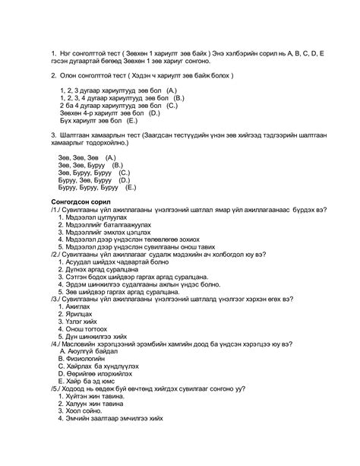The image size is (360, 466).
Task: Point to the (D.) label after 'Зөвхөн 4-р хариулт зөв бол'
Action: (x=153, y=113)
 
